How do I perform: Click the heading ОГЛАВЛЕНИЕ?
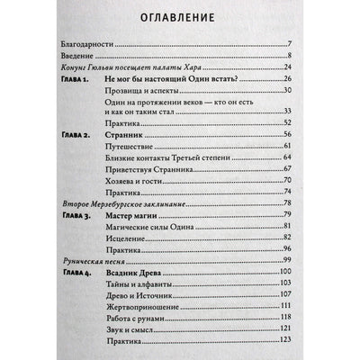click(180, 18)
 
